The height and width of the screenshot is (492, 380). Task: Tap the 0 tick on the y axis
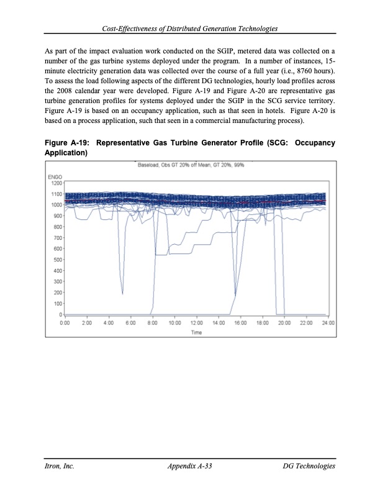[x=60, y=314]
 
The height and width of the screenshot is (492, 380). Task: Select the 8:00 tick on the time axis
[x=152, y=323]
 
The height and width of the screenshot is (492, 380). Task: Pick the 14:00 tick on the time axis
[x=218, y=323]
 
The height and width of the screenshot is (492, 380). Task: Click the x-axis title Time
[x=196, y=332]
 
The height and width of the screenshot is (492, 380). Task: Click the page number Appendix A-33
[x=190, y=466]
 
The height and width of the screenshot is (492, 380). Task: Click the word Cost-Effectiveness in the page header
[x=132, y=29]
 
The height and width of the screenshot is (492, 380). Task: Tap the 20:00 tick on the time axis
[x=284, y=323]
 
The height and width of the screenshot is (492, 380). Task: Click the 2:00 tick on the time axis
[x=86, y=323]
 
